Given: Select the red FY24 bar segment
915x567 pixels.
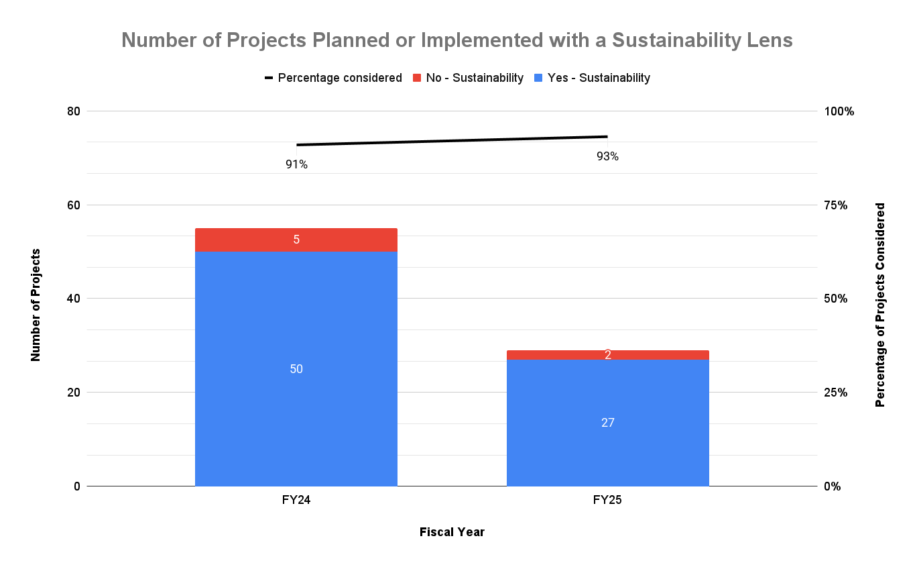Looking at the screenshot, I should [x=296, y=240].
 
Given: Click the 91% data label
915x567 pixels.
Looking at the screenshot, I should [x=296, y=164].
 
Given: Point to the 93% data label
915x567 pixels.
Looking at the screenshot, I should [x=607, y=156].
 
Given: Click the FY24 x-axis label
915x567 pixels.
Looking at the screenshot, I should [x=296, y=501].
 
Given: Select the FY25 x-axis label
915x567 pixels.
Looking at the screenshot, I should [x=607, y=501].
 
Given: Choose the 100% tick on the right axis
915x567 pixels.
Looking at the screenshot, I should [x=839, y=111].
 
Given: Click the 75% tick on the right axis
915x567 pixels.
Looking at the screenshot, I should [x=836, y=205].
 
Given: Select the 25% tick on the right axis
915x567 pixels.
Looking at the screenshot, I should [x=836, y=393].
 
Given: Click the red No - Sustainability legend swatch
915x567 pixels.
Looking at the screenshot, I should [x=417, y=78].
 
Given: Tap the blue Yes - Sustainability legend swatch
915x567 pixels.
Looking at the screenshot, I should [x=538, y=78].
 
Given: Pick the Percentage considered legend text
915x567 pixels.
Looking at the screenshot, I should [x=340, y=78].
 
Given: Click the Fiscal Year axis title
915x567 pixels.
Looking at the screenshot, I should [x=452, y=532].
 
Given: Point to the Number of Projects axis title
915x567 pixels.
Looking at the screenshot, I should [x=36, y=305].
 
